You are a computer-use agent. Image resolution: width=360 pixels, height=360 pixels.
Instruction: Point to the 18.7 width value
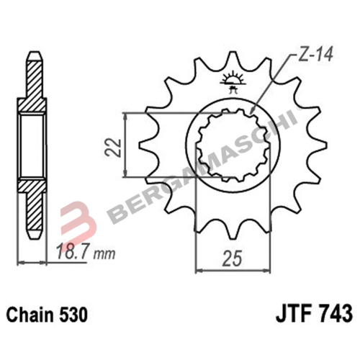(71, 253)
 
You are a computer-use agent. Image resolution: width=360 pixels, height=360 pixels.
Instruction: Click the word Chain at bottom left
(27, 315)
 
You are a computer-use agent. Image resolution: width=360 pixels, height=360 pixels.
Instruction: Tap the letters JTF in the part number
(291, 315)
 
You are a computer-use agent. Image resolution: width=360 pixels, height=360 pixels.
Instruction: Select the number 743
(334, 315)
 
